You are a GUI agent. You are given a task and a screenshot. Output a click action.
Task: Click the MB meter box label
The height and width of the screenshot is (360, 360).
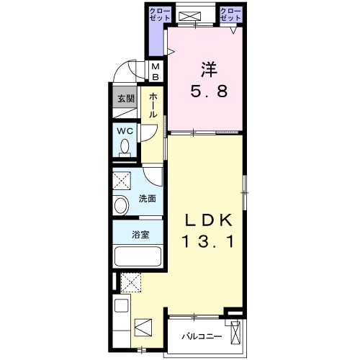pyautogui.click(x=156, y=71)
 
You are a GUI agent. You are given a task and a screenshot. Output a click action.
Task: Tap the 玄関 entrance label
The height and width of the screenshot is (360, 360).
pyautogui.click(x=126, y=99)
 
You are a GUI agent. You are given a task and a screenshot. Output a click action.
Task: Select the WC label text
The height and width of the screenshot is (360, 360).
pyautogui.click(x=125, y=131)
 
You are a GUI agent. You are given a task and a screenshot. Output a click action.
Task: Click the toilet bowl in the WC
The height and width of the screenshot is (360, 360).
pyautogui.click(x=125, y=147)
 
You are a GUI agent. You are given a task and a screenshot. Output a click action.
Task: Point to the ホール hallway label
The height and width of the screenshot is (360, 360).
pyautogui.click(x=153, y=106)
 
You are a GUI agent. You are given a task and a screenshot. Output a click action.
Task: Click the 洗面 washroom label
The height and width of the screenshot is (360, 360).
pyautogui.click(x=148, y=199)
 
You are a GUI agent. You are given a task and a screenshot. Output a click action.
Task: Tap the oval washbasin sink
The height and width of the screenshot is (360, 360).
pyautogui.click(x=122, y=205)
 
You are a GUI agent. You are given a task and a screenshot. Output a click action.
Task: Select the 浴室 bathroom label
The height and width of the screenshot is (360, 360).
pyautogui.click(x=140, y=235)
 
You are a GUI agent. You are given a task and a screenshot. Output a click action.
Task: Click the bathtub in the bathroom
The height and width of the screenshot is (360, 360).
pyautogui.click(x=138, y=256)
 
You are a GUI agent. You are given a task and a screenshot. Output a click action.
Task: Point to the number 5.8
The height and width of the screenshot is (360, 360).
pyautogui.click(x=209, y=91)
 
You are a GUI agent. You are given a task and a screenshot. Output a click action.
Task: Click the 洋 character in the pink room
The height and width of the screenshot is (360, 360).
pyautogui.click(x=210, y=70)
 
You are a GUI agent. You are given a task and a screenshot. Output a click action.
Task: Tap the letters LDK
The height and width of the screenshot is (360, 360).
pyautogui.click(x=208, y=220)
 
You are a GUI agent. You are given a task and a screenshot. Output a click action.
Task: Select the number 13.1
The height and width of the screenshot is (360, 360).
pyautogui.click(x=208, y=241)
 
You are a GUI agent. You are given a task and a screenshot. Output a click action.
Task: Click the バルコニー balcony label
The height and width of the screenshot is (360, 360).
pyautogui.click(x=202, y=336)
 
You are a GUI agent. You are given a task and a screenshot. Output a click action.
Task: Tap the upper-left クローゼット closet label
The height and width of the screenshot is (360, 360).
pyautogui.click(x=160, y=14)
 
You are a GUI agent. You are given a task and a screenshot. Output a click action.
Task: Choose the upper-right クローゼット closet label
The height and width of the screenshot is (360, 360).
pyautogui.click(x=230, y=14)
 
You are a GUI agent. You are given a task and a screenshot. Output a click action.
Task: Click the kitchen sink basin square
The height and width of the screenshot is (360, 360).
pyautogui.click(x=121, y=305)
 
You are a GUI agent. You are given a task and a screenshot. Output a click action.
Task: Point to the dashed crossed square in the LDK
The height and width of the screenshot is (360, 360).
pyautogui.click(x=131, y=282)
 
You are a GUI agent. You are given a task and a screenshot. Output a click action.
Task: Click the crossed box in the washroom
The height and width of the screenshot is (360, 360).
pyautogui.click(x=122, y=181)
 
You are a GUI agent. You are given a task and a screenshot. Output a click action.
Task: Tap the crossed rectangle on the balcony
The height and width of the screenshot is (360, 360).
pyautogui.click(x=235, y=333)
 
